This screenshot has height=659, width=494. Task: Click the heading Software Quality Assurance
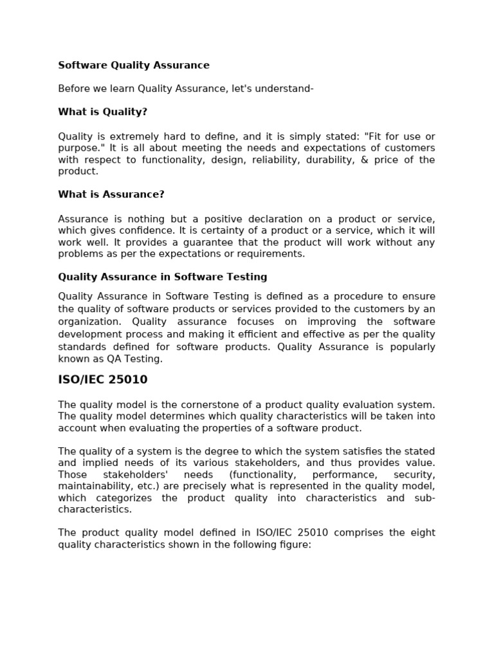point(134,65)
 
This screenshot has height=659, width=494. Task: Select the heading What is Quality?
point(103,112)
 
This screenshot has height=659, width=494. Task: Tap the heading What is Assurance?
point(111,194)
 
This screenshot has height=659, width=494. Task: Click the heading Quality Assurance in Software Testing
point(163,277)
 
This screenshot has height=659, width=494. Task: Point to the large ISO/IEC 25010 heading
point(103,380)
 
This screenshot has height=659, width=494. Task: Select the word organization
point(89,322)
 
